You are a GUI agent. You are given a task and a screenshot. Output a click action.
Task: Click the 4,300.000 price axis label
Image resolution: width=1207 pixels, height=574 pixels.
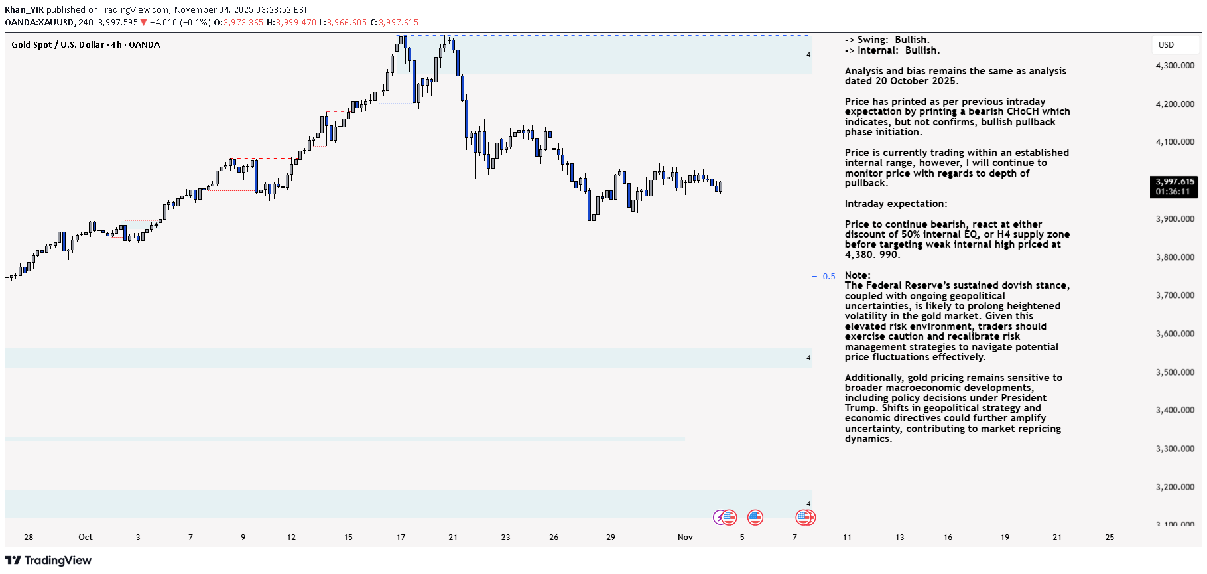coord(1175,66)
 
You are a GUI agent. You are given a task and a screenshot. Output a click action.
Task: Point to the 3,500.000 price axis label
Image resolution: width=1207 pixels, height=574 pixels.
coord(1175,372)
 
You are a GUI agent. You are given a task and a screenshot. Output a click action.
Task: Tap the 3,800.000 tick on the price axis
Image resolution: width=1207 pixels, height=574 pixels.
coord(1175,257)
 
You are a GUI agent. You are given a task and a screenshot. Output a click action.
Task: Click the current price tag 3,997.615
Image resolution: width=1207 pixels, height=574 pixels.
coord(1175,182)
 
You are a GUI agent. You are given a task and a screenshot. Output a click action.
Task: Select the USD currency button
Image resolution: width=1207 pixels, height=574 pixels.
coord(1166,45)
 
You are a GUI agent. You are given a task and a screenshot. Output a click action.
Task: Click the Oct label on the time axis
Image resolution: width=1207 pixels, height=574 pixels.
coord(86,538)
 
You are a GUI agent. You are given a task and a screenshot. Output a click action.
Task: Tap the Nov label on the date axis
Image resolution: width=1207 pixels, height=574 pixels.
coord(685,538)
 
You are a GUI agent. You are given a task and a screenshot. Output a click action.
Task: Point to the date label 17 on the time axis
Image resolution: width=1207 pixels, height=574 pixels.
coord(401,538)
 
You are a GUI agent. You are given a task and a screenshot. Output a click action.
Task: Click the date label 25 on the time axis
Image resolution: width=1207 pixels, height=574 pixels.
coord(1110,538)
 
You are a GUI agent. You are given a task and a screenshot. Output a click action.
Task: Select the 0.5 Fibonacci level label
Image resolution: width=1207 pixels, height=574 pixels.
coord(829,277)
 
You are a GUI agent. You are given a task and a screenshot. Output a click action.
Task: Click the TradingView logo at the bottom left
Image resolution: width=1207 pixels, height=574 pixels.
coord(48,561)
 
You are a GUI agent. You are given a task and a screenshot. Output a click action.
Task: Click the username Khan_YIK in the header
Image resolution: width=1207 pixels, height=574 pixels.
coord(24,10)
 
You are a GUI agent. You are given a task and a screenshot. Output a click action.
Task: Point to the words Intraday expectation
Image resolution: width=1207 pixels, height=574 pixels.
coord(895,204)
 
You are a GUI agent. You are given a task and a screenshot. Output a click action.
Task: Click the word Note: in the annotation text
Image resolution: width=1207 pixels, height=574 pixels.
coord(858,275)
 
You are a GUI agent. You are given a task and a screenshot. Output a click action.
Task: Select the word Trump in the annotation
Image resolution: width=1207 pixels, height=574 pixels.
coord(859,408)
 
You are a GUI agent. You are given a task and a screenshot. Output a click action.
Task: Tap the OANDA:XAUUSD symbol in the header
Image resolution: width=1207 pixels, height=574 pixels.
coord(40,23)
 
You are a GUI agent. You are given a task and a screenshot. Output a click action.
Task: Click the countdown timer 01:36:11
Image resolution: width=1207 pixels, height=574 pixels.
coord(1173,192)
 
